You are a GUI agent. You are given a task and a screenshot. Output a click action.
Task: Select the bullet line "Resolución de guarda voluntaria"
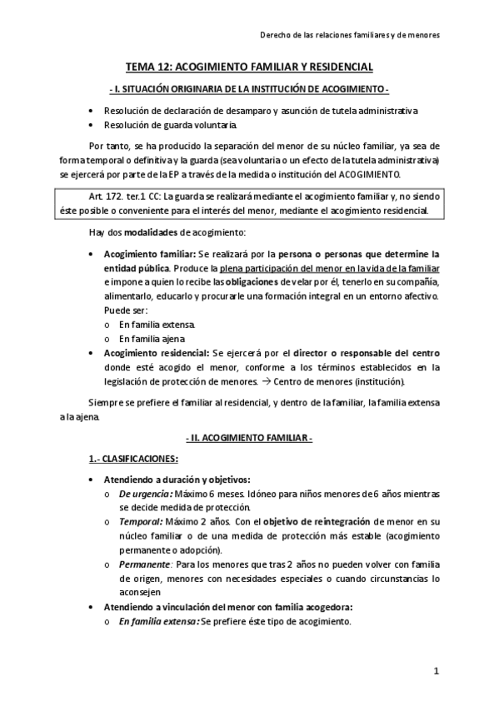tap(170, 125)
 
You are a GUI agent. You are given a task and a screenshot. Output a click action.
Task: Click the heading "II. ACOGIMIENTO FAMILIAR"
tap(249, 437)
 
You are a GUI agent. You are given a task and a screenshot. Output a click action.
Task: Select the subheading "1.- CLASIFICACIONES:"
tap(132, 459)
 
